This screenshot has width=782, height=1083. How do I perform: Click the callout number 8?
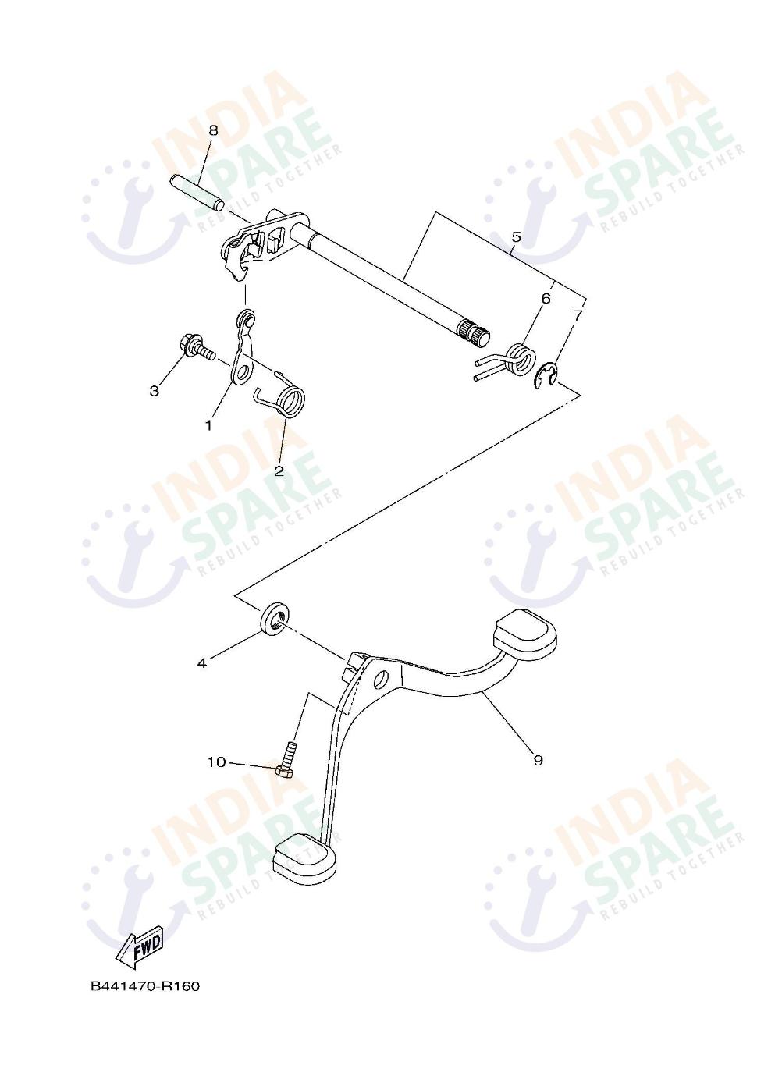pyautogui.click(x=192, y=130)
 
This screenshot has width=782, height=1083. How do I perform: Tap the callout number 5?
pyautogui.click(x=516, y=236)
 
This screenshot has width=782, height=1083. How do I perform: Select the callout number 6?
pyautogui.click(x=546, y=298)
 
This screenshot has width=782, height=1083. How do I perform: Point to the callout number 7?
pyautogui.click(x=578, y=315)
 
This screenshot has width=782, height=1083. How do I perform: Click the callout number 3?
pyautogui.click(x=155, y=390)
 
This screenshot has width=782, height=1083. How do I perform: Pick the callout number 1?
pyautogui.click(x=208, y=424)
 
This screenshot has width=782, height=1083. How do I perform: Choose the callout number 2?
pyautogui.click(x=279, y=470)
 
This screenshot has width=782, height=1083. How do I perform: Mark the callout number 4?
pyautogui.click(x=201, y=662)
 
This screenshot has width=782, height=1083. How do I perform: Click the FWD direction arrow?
pyautogui.click(x=140, y=949)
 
